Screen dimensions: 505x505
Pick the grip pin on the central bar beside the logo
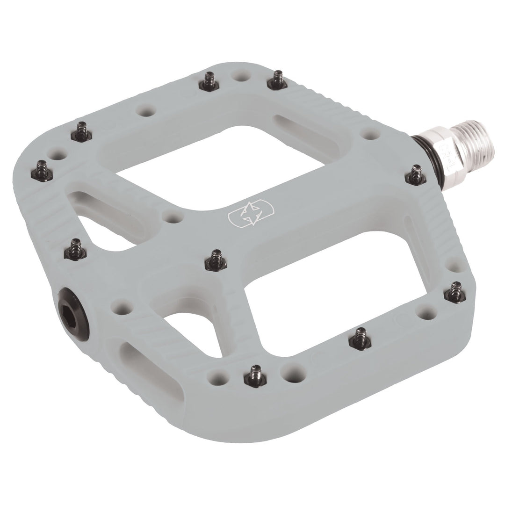[216, 258]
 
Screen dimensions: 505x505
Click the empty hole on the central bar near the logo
[174, 217]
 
